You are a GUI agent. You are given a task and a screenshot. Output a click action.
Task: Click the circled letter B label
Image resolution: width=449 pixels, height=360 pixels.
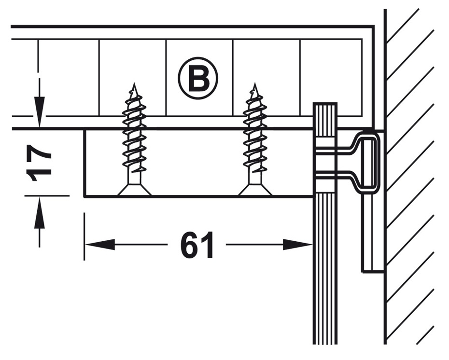click(x=198, y=78)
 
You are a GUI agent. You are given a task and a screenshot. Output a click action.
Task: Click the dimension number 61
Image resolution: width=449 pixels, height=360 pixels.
click(x=197, y=245)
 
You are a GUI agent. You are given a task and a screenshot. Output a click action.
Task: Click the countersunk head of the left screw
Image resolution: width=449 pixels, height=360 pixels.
click(x=134, y=191)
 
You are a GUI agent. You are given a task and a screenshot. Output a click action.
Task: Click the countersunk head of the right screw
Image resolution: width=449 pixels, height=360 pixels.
click(x=255, y=191)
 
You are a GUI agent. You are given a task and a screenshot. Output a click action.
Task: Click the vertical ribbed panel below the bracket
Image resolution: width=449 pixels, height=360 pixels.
click(x=325, y=270)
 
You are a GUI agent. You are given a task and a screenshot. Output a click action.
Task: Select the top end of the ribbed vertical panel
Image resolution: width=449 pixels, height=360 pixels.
click(x=325, y=105)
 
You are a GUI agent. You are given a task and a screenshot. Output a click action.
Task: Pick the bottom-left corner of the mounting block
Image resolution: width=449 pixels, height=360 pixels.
click(x=85, y=196)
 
